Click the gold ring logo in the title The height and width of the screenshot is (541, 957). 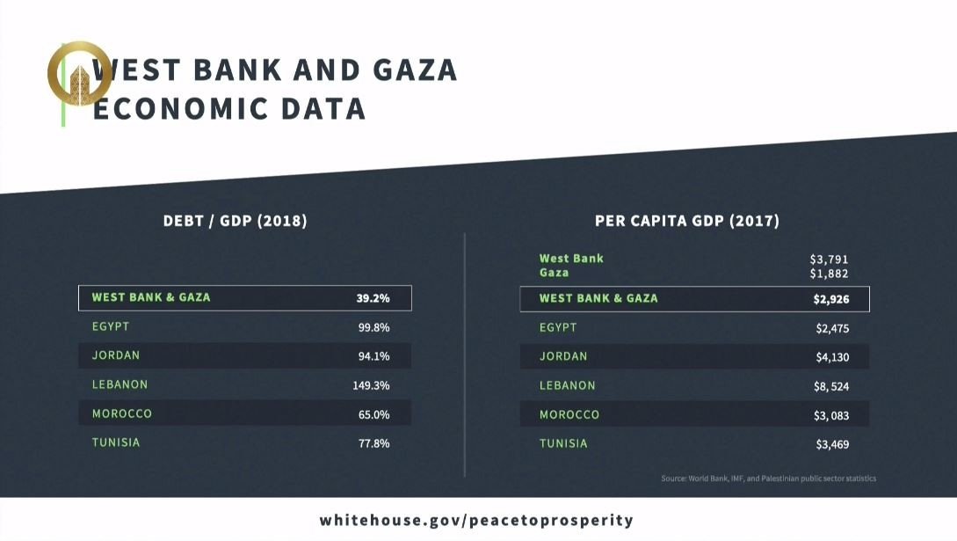[79, 74]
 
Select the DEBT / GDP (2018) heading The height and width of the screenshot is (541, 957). [236, 221]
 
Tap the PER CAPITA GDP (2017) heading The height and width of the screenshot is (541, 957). [687, 221]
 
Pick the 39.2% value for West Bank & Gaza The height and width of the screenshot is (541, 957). [373, 298]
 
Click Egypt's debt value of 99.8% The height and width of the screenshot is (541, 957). [373, 327]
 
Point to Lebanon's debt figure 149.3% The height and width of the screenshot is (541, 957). [371, 385]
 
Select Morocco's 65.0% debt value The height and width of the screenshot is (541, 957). [373, 414]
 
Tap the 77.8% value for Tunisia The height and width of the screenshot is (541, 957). [373, 443]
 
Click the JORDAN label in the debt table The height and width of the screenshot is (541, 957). [116, 355]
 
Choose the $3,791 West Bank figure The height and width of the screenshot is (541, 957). [829, 260]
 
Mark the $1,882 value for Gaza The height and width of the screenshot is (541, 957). [829, 274]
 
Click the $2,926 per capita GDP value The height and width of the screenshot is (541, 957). [831, 299]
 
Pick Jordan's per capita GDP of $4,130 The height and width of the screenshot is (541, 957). [832, 357]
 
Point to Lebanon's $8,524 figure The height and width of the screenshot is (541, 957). [832, 386]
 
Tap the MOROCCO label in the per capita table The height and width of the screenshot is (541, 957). [569, 414]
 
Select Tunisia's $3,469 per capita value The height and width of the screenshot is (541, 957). [832, 444]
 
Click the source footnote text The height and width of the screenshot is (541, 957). [768, 479]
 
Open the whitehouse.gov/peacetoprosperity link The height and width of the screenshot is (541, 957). [476, 520]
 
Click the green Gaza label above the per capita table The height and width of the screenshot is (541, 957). [554, 273]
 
